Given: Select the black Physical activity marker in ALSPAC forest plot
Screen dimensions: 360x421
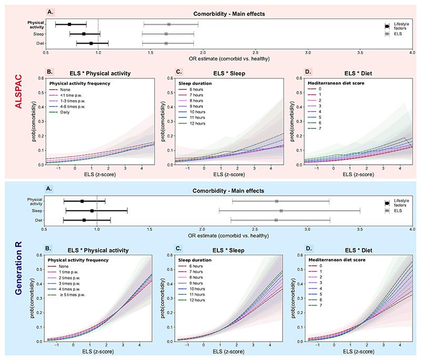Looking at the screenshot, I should click(x=69, y=24).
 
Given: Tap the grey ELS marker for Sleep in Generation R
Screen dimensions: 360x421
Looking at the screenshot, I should click(x=281, y=211).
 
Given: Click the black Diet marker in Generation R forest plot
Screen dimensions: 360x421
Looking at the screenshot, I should click(x=84, y=220).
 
